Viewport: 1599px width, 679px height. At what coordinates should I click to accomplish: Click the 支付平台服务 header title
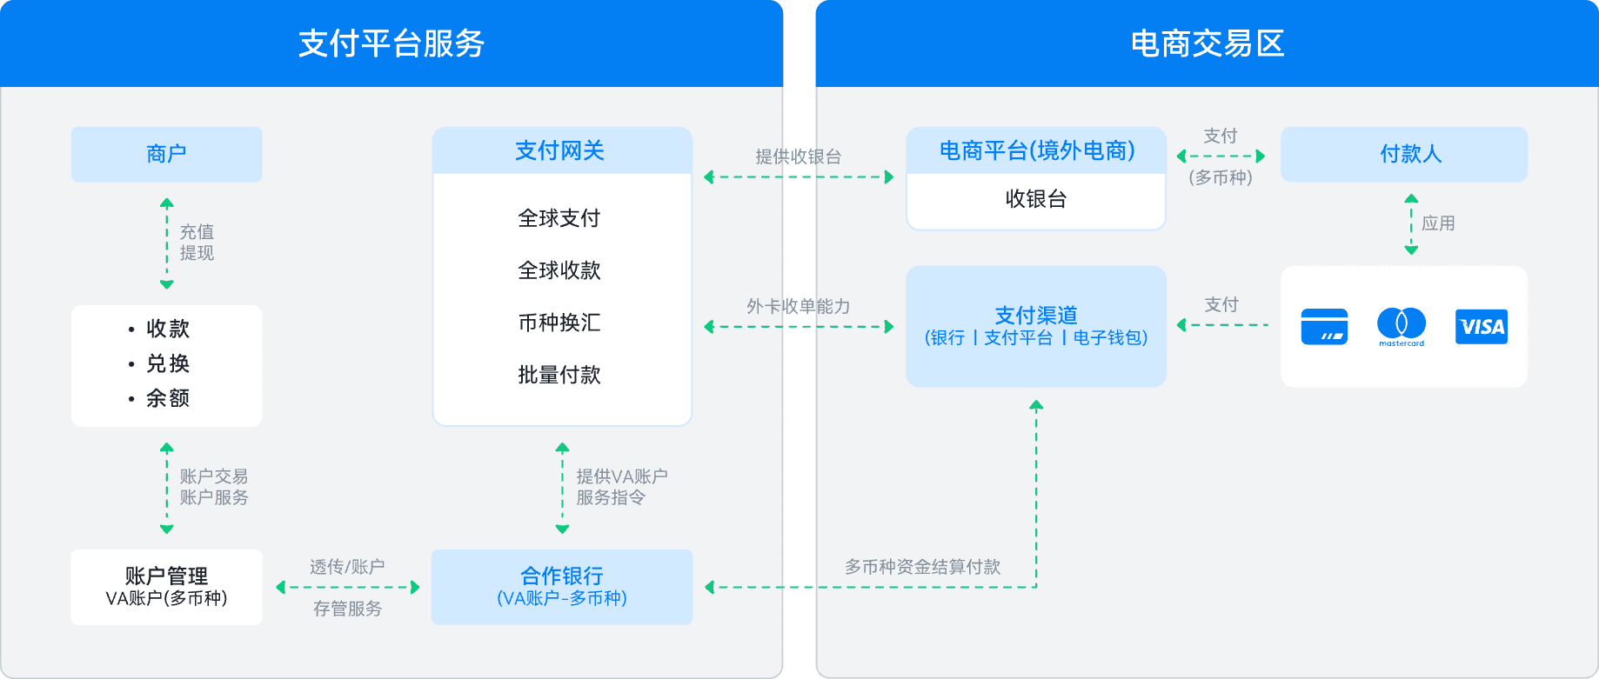point(391,43)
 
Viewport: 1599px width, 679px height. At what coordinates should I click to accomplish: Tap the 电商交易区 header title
point(1207,43)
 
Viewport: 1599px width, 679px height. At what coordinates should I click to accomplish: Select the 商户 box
point(166,154)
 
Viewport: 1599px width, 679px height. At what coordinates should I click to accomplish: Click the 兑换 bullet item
point(167,363)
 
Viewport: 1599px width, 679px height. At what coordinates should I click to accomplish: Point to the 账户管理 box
point(166,586)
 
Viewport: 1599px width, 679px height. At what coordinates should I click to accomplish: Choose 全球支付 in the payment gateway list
point(559,218)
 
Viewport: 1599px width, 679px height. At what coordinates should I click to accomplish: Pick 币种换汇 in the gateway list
point(559,323)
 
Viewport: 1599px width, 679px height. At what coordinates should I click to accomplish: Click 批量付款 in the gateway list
point(559,375)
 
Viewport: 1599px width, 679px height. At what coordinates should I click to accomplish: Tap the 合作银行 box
point(562,586)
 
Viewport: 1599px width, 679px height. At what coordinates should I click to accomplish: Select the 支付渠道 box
point(1035,326)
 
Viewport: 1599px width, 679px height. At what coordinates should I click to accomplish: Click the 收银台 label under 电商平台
point(1035,199)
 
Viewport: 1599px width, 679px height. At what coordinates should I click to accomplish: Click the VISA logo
point(1481,327)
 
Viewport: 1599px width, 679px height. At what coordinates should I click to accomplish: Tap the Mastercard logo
point(1402,326)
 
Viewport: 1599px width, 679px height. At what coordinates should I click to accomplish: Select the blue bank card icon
point(1324,327)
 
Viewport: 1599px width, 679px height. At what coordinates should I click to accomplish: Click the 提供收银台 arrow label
point(798,156)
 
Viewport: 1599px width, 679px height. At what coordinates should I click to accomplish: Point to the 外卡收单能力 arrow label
point(798,306)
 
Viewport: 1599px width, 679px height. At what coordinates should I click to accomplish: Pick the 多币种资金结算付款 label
point(922,567)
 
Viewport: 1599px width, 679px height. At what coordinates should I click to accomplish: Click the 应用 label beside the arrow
point(1438,223)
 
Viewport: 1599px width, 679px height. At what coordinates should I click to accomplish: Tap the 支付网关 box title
point(559,151)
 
